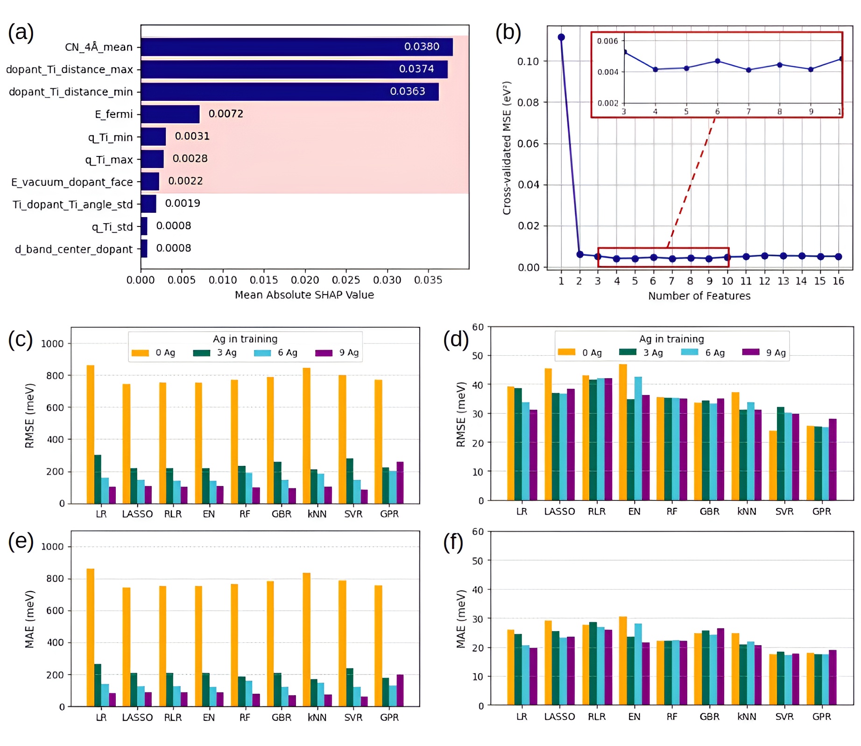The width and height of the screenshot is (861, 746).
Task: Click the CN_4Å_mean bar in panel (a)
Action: [x=296, y=47]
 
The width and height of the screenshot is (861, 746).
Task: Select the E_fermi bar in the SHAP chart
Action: [x=170, y=114]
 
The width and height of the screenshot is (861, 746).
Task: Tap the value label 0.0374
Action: [x=416, y=69]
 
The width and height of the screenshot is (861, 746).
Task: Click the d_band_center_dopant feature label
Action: [x=74, y=249]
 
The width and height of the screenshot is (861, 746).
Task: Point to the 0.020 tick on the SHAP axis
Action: [x=305, y=280]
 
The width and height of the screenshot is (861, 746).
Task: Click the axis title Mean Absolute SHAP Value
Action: [x=304, y=295]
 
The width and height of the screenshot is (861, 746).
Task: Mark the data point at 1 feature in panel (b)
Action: [x=561, y=37]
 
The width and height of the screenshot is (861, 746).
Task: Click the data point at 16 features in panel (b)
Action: [x=838, y=257]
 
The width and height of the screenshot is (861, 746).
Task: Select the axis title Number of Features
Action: [x=699, y=296]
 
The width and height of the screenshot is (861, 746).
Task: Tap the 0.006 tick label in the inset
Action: [x=607, y=41]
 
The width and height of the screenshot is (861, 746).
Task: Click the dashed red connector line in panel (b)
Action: [x=691, y=182]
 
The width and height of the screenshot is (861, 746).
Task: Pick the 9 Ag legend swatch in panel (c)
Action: [x=324, y=353]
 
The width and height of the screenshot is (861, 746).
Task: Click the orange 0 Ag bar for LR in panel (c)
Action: [x=91, y=434]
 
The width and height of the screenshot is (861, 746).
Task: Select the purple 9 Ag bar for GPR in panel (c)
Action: [x=400, y=483]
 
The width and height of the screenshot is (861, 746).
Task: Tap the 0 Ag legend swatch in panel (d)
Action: [x=566, y=352]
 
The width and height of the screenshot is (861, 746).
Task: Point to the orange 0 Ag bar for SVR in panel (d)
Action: [x=773, y=465]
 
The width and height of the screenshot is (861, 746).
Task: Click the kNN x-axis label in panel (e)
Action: [x=317, y=718]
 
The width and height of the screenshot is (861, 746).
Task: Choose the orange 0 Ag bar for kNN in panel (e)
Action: [x=306, y=640]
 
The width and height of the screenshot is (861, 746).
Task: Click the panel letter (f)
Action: [x=453, y=542]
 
